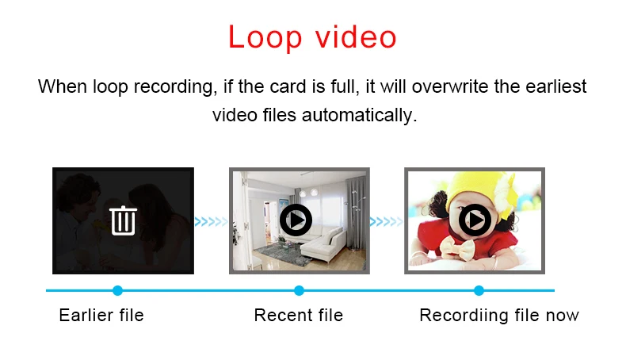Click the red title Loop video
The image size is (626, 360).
click(312, 37)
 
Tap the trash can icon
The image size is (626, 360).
click(123, 220)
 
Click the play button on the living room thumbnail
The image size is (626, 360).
click(296, 220)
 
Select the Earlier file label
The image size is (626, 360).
click(101, 316)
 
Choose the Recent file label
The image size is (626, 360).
click(298, 316)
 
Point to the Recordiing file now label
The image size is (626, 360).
click(498, 316)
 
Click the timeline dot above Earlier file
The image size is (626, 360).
click(118, 290)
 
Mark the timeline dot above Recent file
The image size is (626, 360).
click(299, 290)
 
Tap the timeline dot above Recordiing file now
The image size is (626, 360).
click(479, 290)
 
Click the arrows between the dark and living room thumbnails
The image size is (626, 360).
click(212, 221)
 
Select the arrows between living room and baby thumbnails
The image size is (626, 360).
click(387, 221)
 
